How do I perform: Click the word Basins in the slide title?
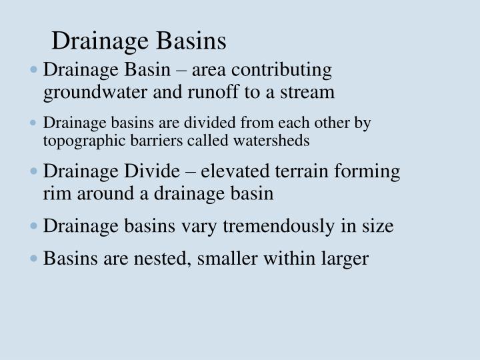click(x=192, y=41)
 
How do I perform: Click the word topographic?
click(x=79, y=141)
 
